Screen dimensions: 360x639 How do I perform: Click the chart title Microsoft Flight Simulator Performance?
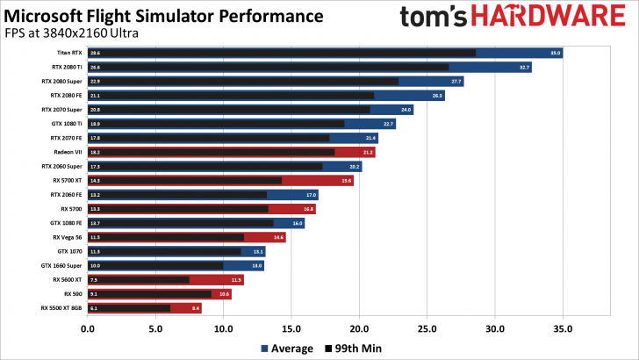click(x=167, y=16)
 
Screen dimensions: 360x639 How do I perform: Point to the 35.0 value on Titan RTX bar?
click(x=555, y=53)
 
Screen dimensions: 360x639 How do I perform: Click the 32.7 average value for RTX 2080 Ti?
click(x=524, y=67)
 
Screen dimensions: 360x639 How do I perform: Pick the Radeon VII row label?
click(x=68, y=152)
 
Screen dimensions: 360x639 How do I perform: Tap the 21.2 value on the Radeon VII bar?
click(x=367, y=152)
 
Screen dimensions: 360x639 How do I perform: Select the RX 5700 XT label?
click(x=67, y=180)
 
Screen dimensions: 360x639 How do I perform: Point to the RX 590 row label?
click(x=74, y=293)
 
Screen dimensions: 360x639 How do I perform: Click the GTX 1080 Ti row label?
click(x=67, y=124)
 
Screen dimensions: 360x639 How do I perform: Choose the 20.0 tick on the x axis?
click(x=359, y=330)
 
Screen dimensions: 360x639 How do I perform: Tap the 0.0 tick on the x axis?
click(x=88, y=330)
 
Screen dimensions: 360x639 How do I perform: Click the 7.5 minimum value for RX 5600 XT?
click(x=93, y=279)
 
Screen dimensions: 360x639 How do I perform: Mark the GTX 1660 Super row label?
click(x=63, y=265)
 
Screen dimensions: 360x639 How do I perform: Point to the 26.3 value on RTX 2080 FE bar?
click(x=437, y=95)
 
